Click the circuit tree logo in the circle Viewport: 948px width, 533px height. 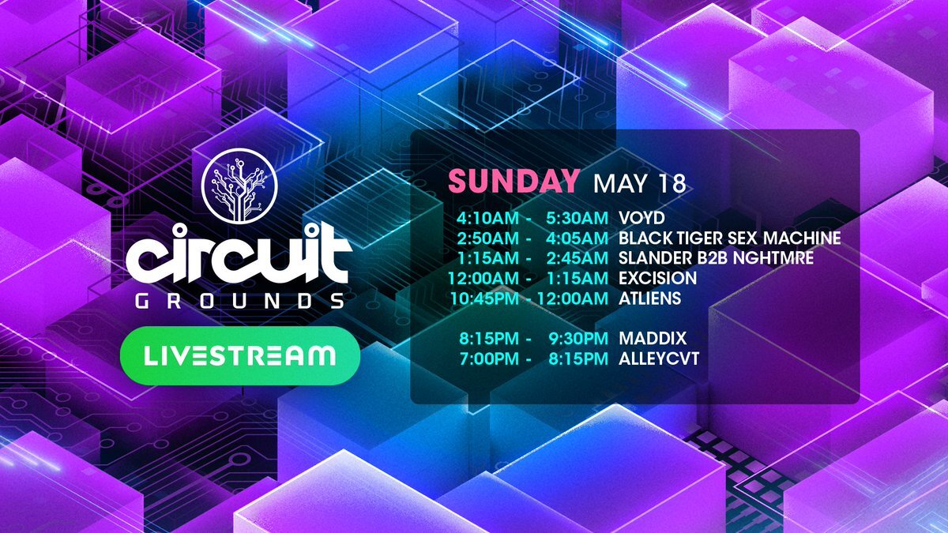click(x=239, y=186)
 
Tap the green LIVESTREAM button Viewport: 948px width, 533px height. click(x=240, y=356)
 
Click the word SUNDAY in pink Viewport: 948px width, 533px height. click(x=513, y=182)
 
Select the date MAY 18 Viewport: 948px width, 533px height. click(x=639, y=183)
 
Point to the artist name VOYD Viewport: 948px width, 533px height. click(x=641, y=218)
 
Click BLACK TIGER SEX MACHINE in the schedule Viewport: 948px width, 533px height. click(x=730, y=238)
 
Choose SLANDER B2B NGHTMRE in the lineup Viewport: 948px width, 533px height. click(x=716, y=258)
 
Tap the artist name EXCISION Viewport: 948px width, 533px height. click(x=657, y=278)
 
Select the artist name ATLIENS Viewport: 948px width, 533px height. click(x=649, y=298)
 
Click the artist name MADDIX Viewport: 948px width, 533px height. click(x=653, y=339)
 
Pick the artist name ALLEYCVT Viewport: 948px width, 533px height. click(x=659, y=358)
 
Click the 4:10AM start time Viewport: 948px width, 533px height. click(x=487, y=218)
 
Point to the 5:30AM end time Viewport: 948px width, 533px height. click(x=577, y=218)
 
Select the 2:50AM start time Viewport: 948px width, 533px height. click(x=487, y=238)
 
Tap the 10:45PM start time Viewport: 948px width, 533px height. click(x=484, y=298)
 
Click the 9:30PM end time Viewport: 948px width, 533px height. click(x=578, y=339)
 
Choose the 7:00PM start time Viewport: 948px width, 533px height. click(x=489, y=358)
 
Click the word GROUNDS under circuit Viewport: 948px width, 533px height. click(x=239, y=301)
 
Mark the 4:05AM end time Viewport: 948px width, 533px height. click(x=577, y=238)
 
